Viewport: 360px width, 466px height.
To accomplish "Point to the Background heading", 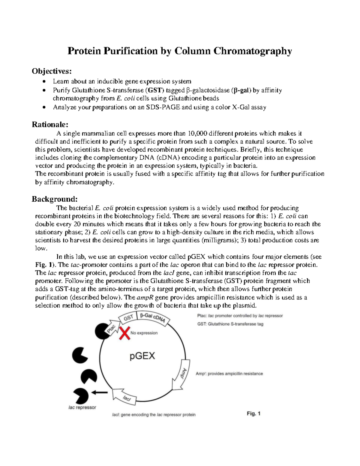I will [x=55, y=199].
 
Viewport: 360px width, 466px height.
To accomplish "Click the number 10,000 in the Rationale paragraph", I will [x=198, y=134].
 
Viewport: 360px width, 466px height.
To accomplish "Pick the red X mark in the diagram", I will [x=125, y=333].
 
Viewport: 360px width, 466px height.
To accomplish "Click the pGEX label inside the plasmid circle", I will [x=142, y=356].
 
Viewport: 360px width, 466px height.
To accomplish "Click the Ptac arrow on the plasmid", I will [x=111, y=329].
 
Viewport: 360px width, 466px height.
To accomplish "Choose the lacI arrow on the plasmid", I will [x=125, y=397].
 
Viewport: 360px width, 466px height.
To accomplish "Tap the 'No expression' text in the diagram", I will [x=144, y=333].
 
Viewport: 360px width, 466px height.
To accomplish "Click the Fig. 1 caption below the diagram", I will [x=253, y=413].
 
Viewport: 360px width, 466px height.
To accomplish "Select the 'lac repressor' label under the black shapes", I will [x=82, y=407].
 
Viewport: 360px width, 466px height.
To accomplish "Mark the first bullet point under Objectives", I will [x=44, y=82].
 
